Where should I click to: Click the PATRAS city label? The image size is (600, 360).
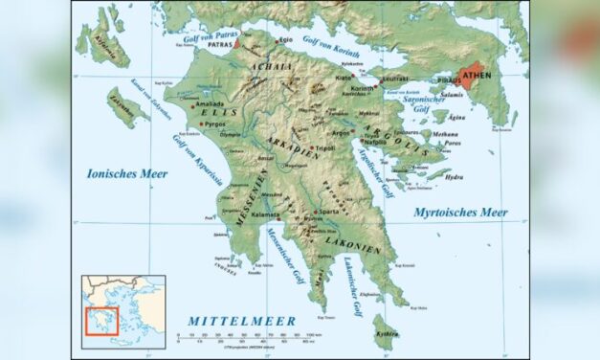219,44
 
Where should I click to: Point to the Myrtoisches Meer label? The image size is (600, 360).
460,211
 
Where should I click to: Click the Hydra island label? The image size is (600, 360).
455,177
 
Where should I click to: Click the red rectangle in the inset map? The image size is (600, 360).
101,321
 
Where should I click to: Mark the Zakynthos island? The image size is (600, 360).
125,105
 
